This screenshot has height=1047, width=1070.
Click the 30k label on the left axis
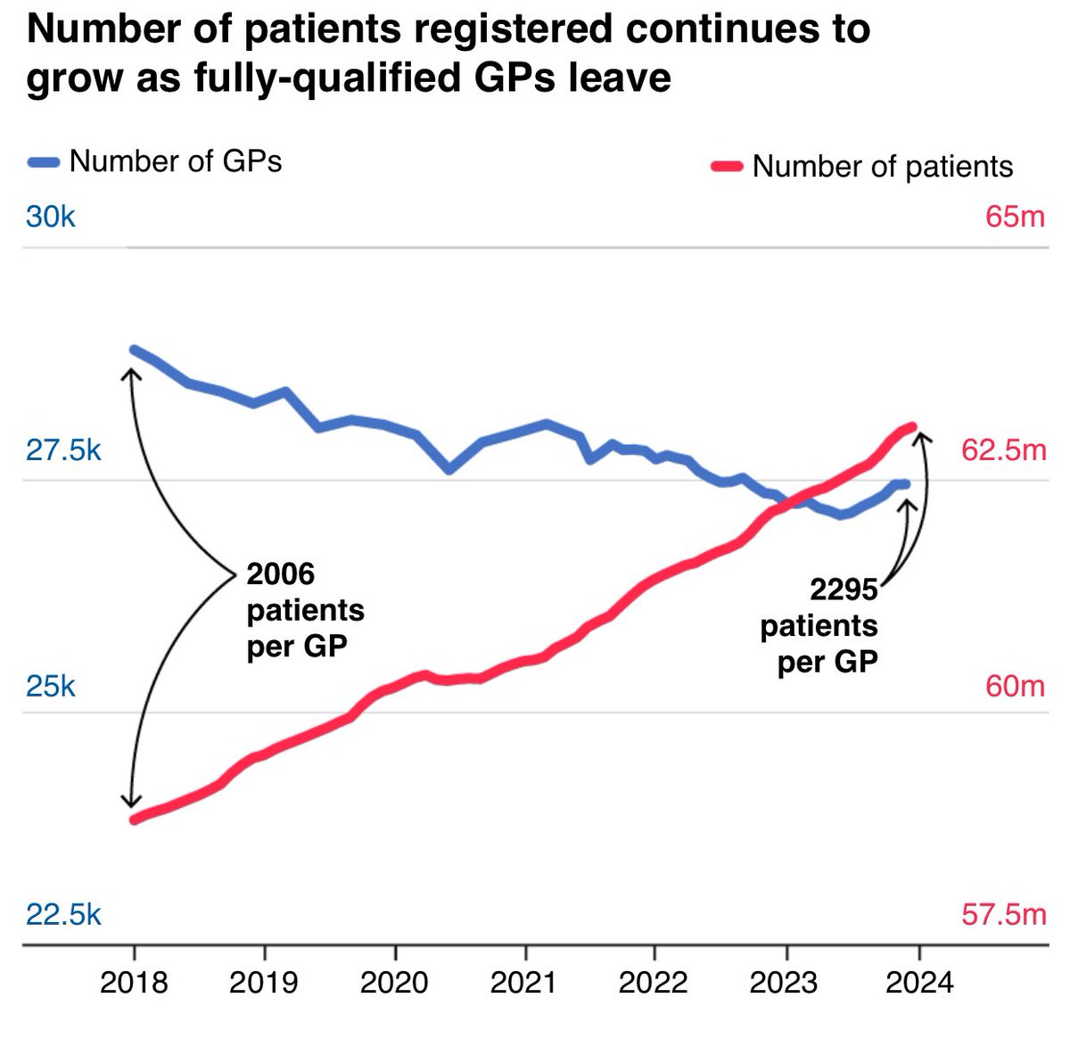[51, 217]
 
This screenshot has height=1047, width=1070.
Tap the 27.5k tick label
[63, 450]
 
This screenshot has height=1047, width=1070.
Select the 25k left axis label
[51, 686]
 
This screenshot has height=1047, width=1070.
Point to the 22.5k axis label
[63, 914]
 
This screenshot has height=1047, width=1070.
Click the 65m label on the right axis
[1015, 217]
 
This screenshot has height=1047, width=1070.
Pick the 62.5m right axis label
[1003, 450]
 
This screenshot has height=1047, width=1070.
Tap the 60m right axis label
[1015, 686]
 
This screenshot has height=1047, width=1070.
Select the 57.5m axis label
[1003, 914]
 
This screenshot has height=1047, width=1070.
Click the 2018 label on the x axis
[134, 982]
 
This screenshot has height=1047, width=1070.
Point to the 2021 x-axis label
[524, 982]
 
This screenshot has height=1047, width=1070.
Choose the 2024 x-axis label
[918, 982]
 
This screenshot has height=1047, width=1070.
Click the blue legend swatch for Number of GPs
[44, 162]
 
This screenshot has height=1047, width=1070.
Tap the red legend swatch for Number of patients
[727, 167]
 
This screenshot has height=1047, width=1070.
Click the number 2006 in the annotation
[281, 573]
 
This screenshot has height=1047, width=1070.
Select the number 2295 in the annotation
[844, 589]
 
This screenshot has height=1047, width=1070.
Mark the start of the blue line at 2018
[134, 350]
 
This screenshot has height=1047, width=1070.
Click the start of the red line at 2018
[134, 820]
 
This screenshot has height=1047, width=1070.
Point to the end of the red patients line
[912, 426]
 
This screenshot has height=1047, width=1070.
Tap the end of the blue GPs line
[906, 484]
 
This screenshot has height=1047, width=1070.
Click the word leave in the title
[620, 78]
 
